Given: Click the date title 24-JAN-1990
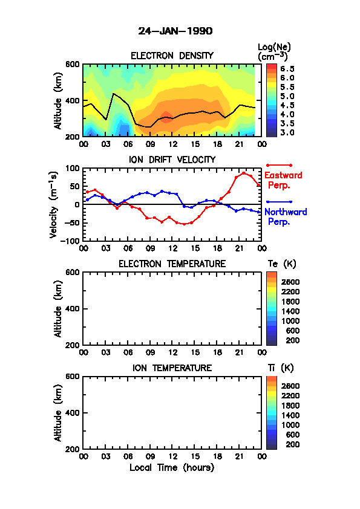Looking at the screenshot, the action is (x=175, y=31).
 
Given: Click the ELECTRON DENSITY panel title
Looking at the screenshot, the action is (x=172, y=56).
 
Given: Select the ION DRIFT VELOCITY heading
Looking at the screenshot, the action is (x=172, y=160).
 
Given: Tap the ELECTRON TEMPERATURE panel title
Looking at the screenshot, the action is (x=172, y=264).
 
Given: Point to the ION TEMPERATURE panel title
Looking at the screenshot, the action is (x=172, y=368).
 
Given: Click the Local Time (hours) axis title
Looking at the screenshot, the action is (x=172, y=468).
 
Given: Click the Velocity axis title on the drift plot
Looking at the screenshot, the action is (x=54, y=204).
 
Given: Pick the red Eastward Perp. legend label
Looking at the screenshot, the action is (x=283, y=180).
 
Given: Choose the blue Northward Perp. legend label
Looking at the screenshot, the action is (x=286, y=216).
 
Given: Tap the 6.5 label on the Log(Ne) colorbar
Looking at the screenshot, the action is (x=287, y=69).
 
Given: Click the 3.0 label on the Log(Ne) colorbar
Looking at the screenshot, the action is (x=287, y=132).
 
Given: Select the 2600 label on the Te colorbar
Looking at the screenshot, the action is (x=290, y=282).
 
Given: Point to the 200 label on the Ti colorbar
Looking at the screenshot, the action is (x=292, y=444).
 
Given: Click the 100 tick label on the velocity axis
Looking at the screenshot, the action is (x=72, y=168).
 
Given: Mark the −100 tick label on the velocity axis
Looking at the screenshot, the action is (x=70, y=241).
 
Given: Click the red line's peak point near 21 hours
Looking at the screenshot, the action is (x=244, y=173).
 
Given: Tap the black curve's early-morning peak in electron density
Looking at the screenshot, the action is (x=113, y=94).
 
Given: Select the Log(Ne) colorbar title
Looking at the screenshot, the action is (x=274, y=52).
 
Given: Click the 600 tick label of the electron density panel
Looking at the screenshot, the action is (x=72, y=64).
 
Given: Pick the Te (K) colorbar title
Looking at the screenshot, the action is (x=282, y=264).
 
